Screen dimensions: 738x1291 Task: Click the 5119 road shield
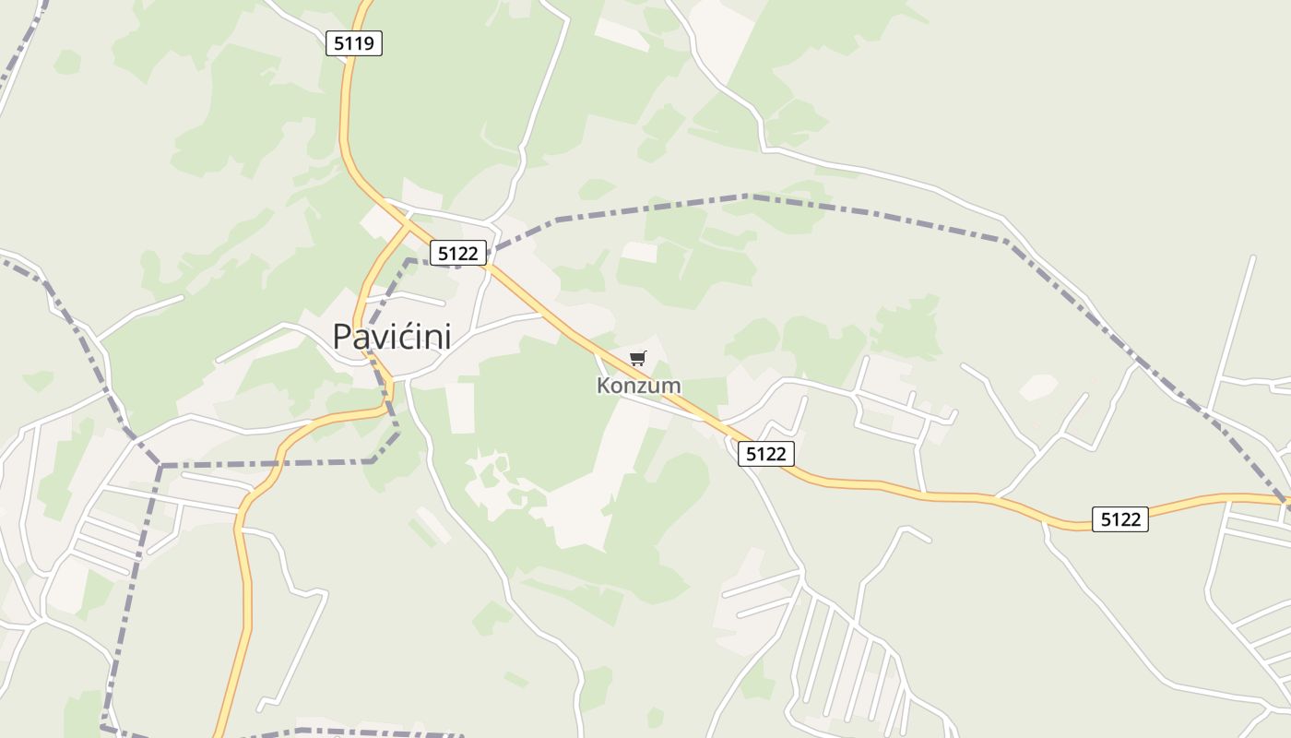[354, 42]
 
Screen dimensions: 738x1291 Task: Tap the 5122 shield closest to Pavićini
[458, 253]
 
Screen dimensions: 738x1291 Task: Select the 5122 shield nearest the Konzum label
[765, 453]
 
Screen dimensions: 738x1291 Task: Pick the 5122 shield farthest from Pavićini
[1120, 519]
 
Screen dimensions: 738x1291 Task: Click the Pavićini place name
[392, 337]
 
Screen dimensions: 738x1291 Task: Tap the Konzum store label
[638, 386]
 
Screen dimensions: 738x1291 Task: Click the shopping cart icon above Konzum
[638, 358]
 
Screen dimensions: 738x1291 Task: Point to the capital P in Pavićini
[343, 337]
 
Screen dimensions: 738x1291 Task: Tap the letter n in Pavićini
[431, 339]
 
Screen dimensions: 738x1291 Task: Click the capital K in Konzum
[604, 386]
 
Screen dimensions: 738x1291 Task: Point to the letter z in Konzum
[641, 387]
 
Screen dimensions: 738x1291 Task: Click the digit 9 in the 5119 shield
[372, 42]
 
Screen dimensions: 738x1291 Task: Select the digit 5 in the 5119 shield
[338, 42]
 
